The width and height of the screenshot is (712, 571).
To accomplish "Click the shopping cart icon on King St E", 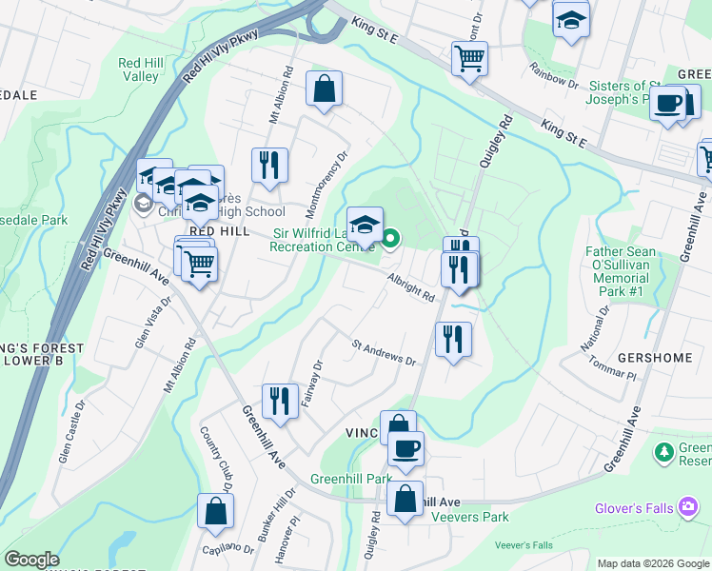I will click(469, 59).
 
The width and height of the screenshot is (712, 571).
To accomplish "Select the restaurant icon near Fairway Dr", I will click(279, 400).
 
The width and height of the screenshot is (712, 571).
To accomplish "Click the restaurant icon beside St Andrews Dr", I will click(452, 339).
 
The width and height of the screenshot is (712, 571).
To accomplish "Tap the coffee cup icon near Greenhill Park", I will click(405, 449).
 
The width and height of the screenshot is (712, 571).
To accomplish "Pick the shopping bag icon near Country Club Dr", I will click(216, 511).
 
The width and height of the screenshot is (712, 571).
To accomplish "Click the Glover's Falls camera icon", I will click(687, 507).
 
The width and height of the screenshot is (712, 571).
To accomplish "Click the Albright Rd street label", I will click(410, 286).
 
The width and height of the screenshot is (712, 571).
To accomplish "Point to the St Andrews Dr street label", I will click(385, 352).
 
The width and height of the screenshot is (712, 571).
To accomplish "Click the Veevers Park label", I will click(469, 517).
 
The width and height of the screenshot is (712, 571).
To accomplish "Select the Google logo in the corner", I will click(31, 560).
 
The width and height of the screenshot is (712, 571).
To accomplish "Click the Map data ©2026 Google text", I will click(653, 563).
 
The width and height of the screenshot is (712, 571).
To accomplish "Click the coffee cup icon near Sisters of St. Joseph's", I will click(668, 103).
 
